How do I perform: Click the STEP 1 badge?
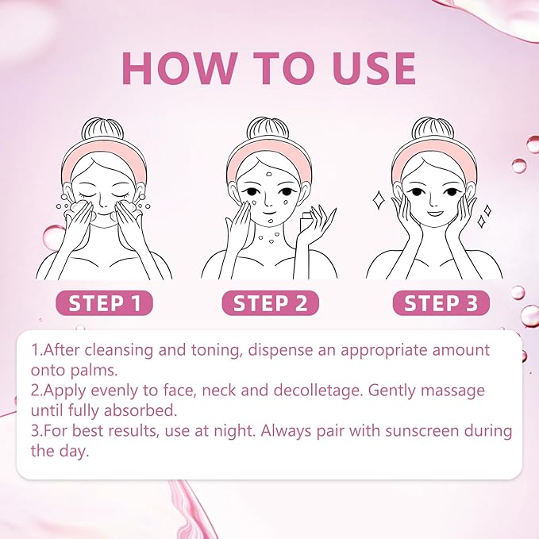click(x=104, y=303)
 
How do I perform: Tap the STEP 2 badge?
click(x=270, y=303)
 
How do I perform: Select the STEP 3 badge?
click(x=441, y=303)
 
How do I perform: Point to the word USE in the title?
click(x=375, y=68)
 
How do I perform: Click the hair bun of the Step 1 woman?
click(x=102, y=129)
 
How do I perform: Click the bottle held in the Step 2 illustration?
click(x=306, y=222)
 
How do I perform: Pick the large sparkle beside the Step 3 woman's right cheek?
click(x=379, y=200)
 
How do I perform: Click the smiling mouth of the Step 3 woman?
click(x=434, y=214)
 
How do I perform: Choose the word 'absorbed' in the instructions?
click(x=140, y=410)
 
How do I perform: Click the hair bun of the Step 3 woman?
click(x=433, y=129)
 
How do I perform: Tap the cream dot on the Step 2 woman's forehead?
click(x=269, y=174)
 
